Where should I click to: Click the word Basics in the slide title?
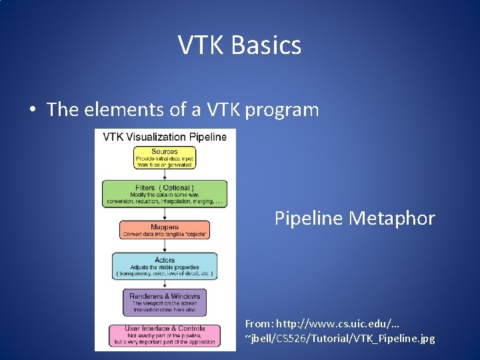[x=267, y=46]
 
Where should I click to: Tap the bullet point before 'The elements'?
[x=32, y=110]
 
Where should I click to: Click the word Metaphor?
[x=397, y=218]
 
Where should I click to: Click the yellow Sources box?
[x=164, y=158]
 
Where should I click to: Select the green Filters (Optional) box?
[x=165, y=193]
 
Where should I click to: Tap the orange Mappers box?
[x=165, y=230]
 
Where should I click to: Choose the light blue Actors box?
[x=165, y=266]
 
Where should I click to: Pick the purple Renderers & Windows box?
[x=165, y=302]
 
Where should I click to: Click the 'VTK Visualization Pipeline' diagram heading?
[x=165, y=137]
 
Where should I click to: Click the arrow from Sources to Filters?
[x=165, y=175]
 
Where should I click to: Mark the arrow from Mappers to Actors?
[x=165, y=246]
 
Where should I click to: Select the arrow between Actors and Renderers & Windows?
[x=165, y=283]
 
